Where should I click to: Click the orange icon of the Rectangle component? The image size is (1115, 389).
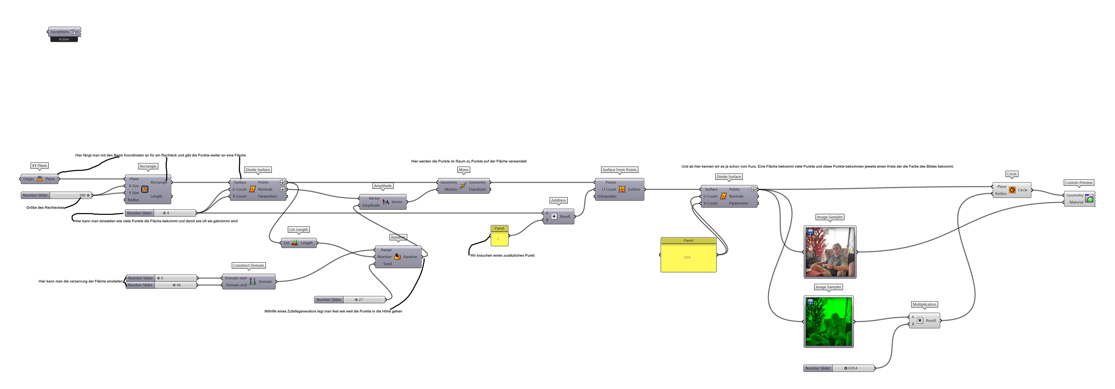145,189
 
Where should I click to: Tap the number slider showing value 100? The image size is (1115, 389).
69,195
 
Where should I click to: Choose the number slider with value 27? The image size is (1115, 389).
364,299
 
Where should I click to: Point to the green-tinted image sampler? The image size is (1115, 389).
829,321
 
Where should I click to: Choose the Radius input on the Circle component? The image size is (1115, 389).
1000,193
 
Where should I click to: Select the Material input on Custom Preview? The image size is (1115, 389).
1076,202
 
